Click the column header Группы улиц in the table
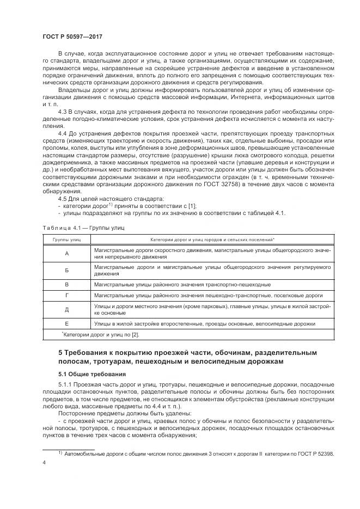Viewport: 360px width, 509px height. coord(66,240)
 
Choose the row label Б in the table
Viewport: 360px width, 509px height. coord(66,271)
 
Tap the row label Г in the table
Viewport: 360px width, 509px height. coord(66,296)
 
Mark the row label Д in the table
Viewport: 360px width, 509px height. coord(66,310)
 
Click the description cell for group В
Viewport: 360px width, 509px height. coord(182,284)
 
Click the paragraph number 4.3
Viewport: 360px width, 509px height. coord(62,111)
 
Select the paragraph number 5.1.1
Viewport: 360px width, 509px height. coord(66,385)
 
